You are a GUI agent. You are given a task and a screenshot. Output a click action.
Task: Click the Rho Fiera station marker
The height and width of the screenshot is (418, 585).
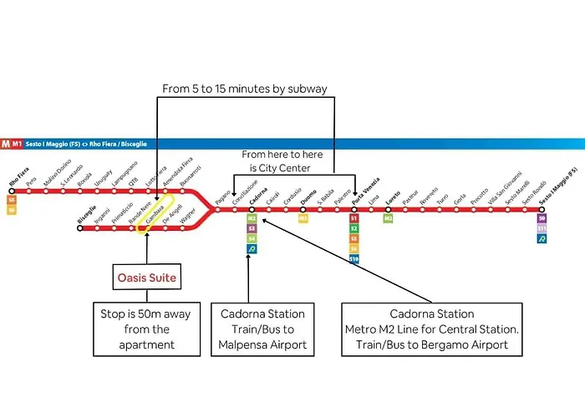coord(10,191)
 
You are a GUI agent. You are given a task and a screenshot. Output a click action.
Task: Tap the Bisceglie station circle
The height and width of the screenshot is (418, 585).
coord(80,226)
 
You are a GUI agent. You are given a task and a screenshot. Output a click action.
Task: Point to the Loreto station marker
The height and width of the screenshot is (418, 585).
coord(388,208)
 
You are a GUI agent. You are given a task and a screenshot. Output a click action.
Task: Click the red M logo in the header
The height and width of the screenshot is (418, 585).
coord(7,143)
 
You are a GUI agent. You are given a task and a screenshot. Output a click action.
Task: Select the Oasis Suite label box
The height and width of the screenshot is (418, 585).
coord(146,278)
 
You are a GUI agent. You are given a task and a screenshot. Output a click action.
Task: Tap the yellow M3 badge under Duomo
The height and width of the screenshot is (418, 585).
coord(303,218)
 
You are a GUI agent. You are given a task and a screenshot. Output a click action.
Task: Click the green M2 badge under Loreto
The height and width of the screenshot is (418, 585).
coord(389,218)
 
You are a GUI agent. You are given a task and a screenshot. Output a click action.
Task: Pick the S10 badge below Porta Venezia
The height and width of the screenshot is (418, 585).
coord(354,259)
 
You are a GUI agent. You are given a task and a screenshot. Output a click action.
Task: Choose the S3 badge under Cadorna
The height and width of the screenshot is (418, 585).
coord(252,228)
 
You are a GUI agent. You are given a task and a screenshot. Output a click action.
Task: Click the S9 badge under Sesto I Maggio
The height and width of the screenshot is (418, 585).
coord(542,218)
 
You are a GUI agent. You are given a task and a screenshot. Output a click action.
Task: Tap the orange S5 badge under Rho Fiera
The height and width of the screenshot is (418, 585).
coord(12,201)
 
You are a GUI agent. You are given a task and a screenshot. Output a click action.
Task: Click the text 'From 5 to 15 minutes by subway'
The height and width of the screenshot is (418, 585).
coord(246,88)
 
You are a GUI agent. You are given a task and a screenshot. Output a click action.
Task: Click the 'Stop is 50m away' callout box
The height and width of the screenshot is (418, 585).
coord(146,328)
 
